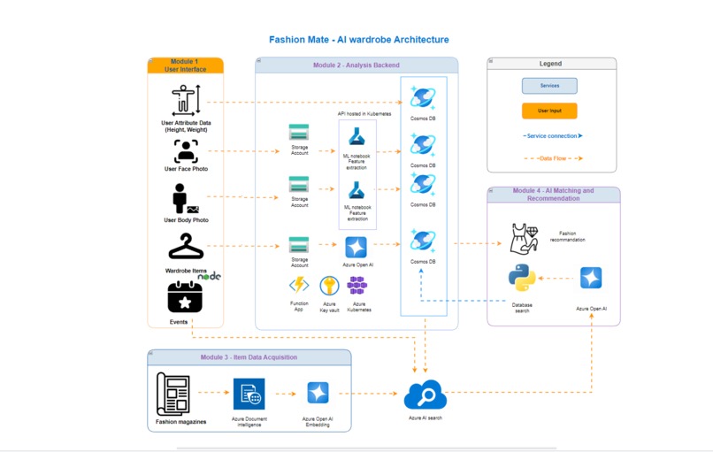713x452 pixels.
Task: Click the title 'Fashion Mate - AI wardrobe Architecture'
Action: coord(358,40)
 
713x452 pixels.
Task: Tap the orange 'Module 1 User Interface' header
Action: coord(185,65)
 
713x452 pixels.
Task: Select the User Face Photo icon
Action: coord(186,151)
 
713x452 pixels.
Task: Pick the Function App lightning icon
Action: coord(299,285)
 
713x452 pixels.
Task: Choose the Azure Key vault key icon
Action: coord(328,286)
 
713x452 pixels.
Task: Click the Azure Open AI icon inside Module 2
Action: coord(356,247)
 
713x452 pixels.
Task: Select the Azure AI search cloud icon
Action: coord(425,395)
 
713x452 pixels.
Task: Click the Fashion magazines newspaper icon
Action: coord(174,394)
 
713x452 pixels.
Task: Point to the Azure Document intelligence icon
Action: coord(249,394)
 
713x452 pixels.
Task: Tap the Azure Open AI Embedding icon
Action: coord(318,394)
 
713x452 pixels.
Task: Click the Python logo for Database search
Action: coord(522,279)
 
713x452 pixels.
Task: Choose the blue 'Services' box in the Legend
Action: coord(549,86)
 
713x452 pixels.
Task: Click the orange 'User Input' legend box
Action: coord(549,111)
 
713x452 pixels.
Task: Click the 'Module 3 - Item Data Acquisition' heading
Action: coord(249,357)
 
